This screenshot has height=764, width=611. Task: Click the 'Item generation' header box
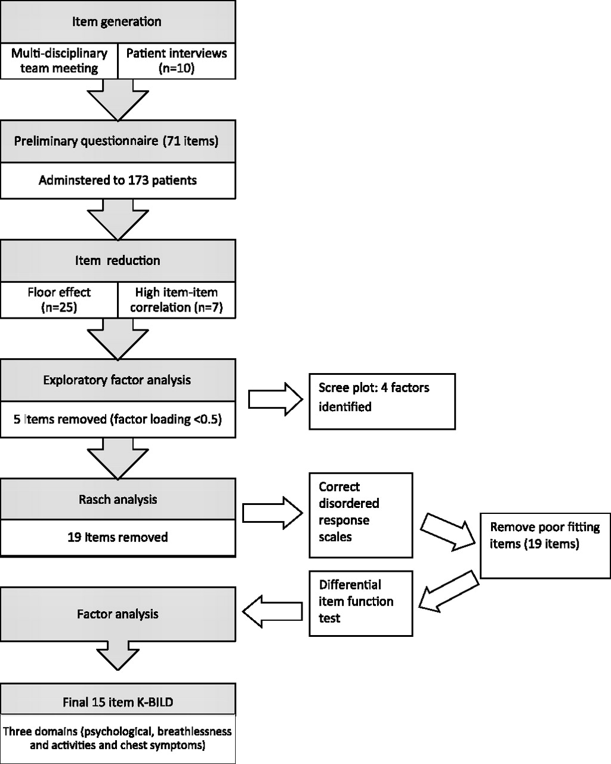pos(118,21)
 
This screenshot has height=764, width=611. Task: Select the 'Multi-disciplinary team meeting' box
pos(59,61)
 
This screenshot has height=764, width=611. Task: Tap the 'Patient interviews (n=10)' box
pos(177,61)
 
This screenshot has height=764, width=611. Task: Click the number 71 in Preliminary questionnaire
pos(173,141)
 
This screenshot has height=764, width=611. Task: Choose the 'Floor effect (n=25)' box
pos(59,300)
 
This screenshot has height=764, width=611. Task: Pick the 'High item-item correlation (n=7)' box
pos(177,300)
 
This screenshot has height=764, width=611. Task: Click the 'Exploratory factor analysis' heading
pos(117,380)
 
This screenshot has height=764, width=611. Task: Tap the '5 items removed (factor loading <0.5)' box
pos(118,419)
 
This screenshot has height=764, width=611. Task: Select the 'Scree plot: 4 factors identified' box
pos(382,402)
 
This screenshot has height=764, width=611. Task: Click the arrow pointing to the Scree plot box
pos(276,399)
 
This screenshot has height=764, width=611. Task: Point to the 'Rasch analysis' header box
pos(118,499)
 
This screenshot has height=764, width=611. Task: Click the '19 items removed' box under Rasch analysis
pos(118,538)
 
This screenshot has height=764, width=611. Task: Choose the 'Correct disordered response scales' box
pos(361,515)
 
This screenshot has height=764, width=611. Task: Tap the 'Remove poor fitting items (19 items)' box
pos(545,546)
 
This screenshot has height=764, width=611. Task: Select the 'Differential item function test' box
pos(361,603)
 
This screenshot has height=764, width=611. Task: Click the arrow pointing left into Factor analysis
pos(272,611)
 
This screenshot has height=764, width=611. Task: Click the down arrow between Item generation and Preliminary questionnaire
pos(118,100)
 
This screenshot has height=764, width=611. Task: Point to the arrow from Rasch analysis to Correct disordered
pos(273,513)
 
